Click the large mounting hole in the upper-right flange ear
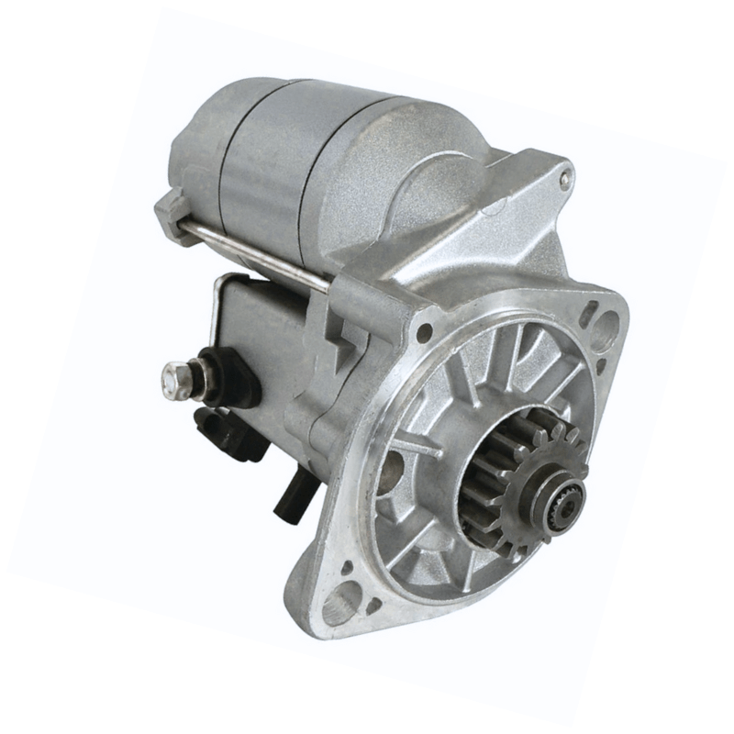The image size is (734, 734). pos(607,324)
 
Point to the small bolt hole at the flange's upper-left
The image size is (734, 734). pos(423,331)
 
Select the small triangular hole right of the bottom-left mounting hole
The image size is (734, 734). pos(373,606)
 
